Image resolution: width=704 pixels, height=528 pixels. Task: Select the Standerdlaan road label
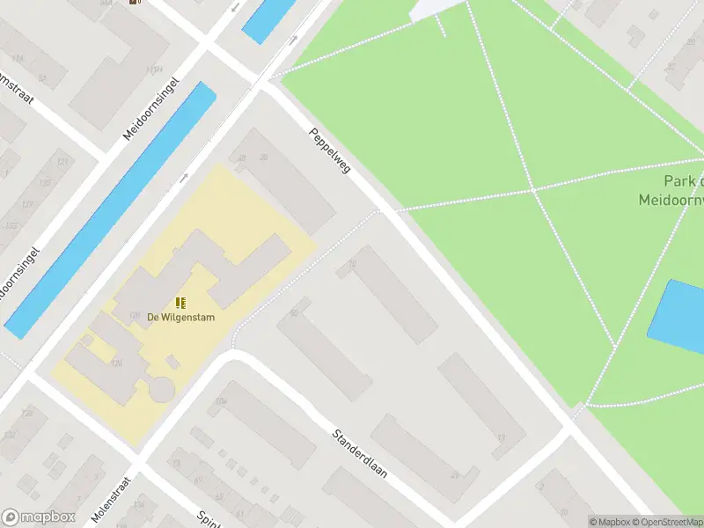coord(359,453)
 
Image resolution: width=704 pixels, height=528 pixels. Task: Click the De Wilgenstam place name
coord(180,317)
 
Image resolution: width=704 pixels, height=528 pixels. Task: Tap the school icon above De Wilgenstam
coord(180,303)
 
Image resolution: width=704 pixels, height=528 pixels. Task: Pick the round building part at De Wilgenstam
coord(162,388)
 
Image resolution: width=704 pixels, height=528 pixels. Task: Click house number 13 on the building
coord(501,437)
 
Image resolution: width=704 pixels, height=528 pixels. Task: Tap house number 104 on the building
coord(221,402)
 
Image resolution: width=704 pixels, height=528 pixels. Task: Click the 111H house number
coord(155,70)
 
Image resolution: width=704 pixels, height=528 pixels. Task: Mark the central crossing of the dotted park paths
coord(532,189)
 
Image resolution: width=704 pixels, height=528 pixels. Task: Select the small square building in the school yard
coord(173,362)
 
